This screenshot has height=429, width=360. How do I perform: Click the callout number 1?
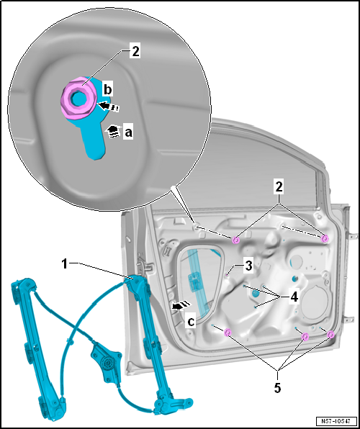point(64,264)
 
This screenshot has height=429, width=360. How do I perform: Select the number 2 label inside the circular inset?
point(135,52)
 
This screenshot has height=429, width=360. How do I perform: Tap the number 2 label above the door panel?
point(279,188)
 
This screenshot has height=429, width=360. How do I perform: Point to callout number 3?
point(248,266)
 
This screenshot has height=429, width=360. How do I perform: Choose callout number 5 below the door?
point(278,388)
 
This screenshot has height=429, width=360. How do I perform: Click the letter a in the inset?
point(128,132)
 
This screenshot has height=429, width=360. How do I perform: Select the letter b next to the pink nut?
point(107,89)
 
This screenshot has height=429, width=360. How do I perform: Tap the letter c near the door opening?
point(191,322)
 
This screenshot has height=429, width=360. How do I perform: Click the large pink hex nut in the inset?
point(78,99)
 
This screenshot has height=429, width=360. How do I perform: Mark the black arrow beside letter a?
point(113,132)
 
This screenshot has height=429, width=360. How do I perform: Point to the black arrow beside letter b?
point(109,106)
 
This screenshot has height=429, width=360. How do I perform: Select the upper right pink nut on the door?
point(325,238)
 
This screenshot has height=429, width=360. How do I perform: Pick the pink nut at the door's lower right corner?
point(330,334)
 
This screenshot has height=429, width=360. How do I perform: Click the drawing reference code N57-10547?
point(336,421)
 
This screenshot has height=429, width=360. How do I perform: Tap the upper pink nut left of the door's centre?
point(236,240)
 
